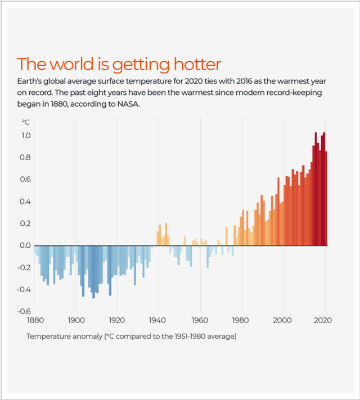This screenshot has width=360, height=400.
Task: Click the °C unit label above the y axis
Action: (26, 121)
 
